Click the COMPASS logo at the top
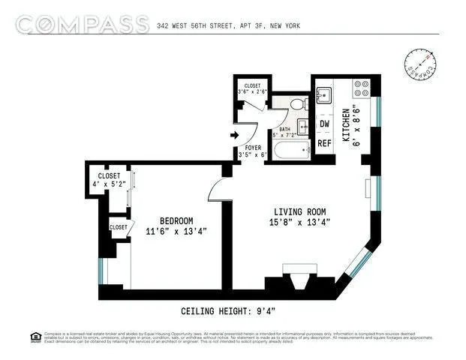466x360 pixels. (x=82, y=24)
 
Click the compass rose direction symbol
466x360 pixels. (x=420, y=66)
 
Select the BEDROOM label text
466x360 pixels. (x=176, y=220)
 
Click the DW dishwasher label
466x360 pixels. (x=324, y=124)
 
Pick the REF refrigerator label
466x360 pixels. (x=324, y=142)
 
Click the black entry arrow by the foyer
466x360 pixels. (x=233, y=136)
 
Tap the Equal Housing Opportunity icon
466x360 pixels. (x=35, y=336)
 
